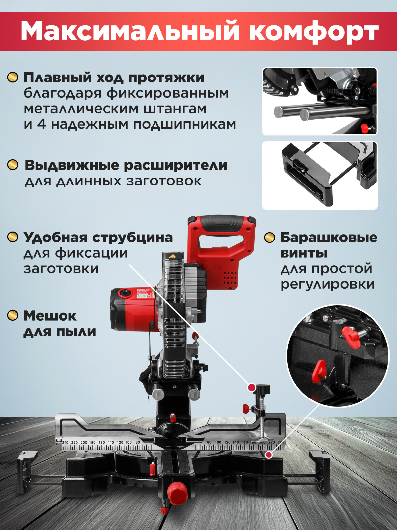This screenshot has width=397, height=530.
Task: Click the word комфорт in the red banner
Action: coord(313,31)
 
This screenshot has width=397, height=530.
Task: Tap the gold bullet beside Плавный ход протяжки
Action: coord(13,78)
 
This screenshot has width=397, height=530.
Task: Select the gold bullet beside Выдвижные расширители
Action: coord(13,165)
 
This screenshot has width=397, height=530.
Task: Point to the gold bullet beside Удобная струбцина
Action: coord(13,237)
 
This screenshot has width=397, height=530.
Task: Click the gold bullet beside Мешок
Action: coord(13,315)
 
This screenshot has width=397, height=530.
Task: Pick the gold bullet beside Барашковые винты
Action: coord(270,237)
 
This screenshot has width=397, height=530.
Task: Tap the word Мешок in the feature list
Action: coord(50,316)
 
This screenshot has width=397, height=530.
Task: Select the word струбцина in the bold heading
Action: coord(132,238)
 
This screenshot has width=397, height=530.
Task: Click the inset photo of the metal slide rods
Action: coord(320,101)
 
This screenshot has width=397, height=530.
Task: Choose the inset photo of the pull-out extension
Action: coord(320,176)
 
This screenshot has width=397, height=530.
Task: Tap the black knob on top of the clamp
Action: coord(262,389)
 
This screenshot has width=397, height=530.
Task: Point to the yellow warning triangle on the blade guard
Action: coord(172,256)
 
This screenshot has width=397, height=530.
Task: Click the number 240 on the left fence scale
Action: coord(65,442)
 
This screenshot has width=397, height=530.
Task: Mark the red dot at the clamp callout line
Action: coord(252,387)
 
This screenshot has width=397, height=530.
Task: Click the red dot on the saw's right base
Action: coord(269,455)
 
